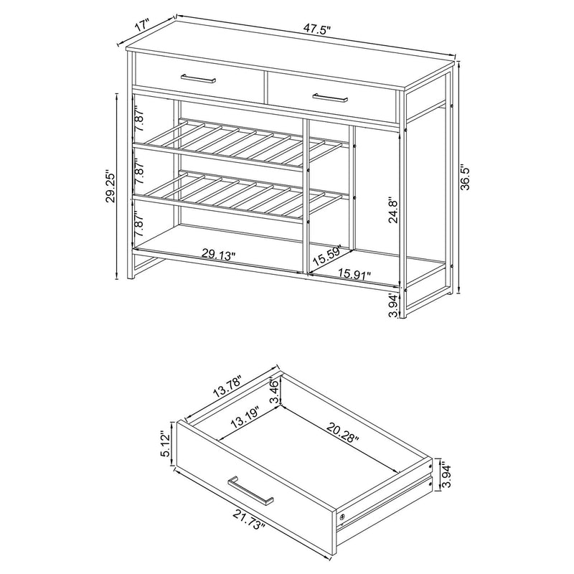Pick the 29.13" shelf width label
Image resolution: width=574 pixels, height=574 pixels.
coord(219,253)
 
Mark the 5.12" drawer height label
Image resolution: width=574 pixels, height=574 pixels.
coord(166,446)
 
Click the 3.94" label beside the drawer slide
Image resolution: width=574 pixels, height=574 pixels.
coord(446,475)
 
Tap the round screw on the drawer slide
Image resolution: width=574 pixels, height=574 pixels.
coord(342,517)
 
